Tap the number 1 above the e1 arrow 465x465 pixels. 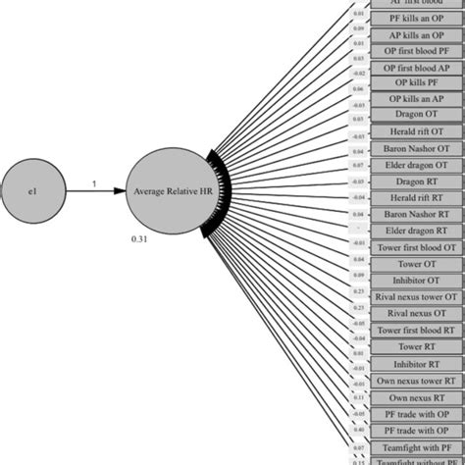pos(93,182)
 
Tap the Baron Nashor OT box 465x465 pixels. pos(418,148)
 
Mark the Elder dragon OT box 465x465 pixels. pos(418,165)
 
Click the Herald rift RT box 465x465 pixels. pos(418,197)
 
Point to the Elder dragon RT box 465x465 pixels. pos(418,231)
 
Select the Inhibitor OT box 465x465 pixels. pos(418,280)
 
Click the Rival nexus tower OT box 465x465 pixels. pos(418,296)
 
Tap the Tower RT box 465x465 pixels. pos(418,346)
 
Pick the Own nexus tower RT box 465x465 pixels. pos(418,380)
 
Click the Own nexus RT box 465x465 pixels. pos(418,396)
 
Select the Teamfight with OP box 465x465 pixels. pos(418,446)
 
